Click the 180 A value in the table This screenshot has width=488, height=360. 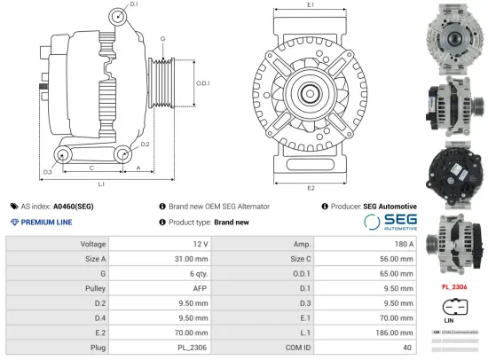[405, 243]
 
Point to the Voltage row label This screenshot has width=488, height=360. [93, 243]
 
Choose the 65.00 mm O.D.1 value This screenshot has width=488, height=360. [396, 274]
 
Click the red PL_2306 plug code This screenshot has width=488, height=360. [454, 287]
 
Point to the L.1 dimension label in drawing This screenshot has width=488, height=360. [101, 184]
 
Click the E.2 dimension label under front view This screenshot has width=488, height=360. [311, 188]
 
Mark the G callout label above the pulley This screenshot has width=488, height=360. [162, 39]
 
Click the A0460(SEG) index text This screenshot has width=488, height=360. [75, 206]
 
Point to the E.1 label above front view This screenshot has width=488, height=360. [310, 5]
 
